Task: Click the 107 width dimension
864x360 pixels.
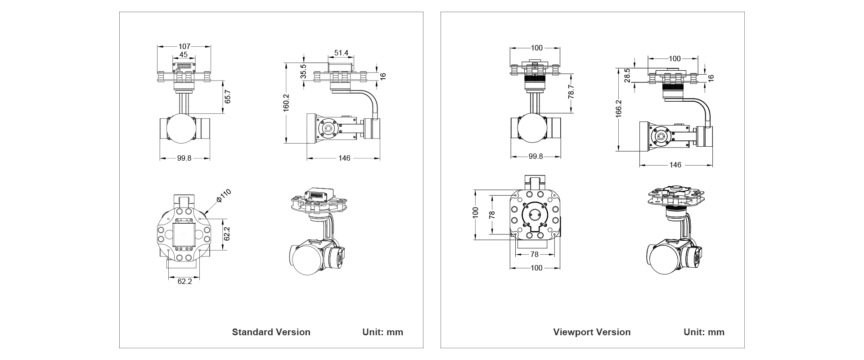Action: [x=184, y=46]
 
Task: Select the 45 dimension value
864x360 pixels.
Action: [x=184, y=55]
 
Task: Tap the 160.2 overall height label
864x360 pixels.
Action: [x=286, y=103]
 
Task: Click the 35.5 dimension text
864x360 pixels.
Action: [x=303, y=72]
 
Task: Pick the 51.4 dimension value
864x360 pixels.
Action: [x=341, y=53]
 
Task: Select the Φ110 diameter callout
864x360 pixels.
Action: [x=224, y=196]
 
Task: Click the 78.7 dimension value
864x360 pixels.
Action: [x=571, y=92]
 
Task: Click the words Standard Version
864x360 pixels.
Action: [x=271, y=332]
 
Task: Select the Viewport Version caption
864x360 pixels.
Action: [x=592, y=332]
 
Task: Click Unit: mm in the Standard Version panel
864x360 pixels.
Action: [x=382, y=332]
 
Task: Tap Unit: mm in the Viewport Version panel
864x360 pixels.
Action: [x=704, y=332]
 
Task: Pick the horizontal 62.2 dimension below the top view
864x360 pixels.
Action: [x=184, y=282]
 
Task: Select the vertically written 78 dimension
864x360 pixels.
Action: [x=492, y=215]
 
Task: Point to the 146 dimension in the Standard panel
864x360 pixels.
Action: [x=344, y=158]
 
